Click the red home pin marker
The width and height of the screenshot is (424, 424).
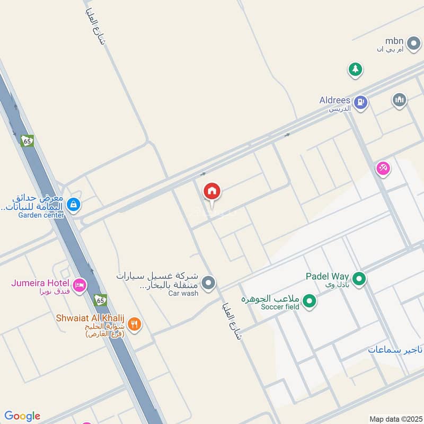point(212,192)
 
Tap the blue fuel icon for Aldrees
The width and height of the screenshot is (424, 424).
point(360,102)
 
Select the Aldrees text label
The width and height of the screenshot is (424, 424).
point(335,100)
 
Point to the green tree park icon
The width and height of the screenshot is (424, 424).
point(355,69)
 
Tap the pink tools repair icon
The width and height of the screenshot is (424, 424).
point(383,169)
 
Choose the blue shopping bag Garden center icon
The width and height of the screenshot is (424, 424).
point(74,205)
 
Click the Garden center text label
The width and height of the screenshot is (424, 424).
point(41,215)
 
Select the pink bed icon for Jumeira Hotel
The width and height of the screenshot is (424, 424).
point(79,285)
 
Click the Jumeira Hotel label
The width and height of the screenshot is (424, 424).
point(41,283)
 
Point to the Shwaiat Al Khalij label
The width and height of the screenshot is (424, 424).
point(90,318)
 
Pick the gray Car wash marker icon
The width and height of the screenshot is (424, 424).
point(209,283)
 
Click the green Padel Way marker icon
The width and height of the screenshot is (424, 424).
point(359,278)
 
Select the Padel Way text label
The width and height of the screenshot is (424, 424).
point(327,276)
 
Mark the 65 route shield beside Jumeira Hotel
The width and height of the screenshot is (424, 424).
point(100,301)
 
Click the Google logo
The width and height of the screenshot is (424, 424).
point(22,416)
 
